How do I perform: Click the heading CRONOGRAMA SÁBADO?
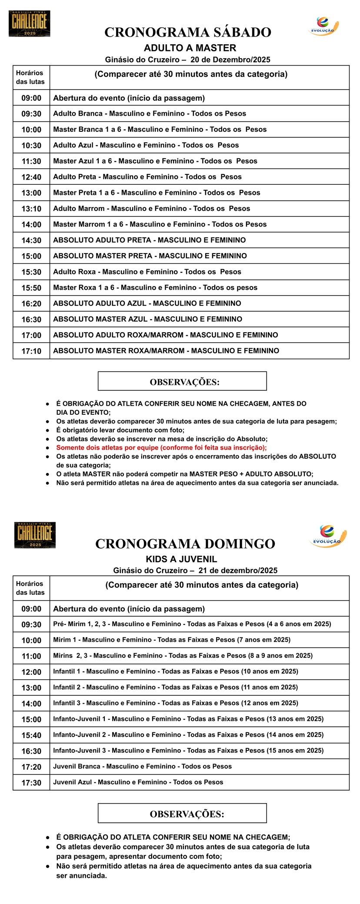coord(187,32)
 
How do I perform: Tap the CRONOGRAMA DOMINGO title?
coord(185,544)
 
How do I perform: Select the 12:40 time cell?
coord(31,177)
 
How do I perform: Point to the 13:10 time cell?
coord(31,209)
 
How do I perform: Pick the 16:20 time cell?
coord(31,304)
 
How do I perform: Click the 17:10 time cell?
coord(31,351)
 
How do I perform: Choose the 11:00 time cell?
coord(31,656)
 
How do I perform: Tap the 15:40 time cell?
coord(31,735)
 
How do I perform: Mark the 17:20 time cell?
coord(31,767)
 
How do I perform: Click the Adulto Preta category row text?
coord(147,177)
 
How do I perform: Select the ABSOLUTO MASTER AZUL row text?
coord(147,319)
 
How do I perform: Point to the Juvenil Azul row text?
coord(138,782)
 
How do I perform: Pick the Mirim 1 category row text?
coord(172,640)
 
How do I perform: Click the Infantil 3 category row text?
coord(175,703)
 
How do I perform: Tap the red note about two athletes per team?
coord(161,447)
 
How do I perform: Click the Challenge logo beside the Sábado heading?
coord(29,23)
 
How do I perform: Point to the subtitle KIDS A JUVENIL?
coord(181,559)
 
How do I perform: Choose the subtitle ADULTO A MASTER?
coord(190,48)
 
